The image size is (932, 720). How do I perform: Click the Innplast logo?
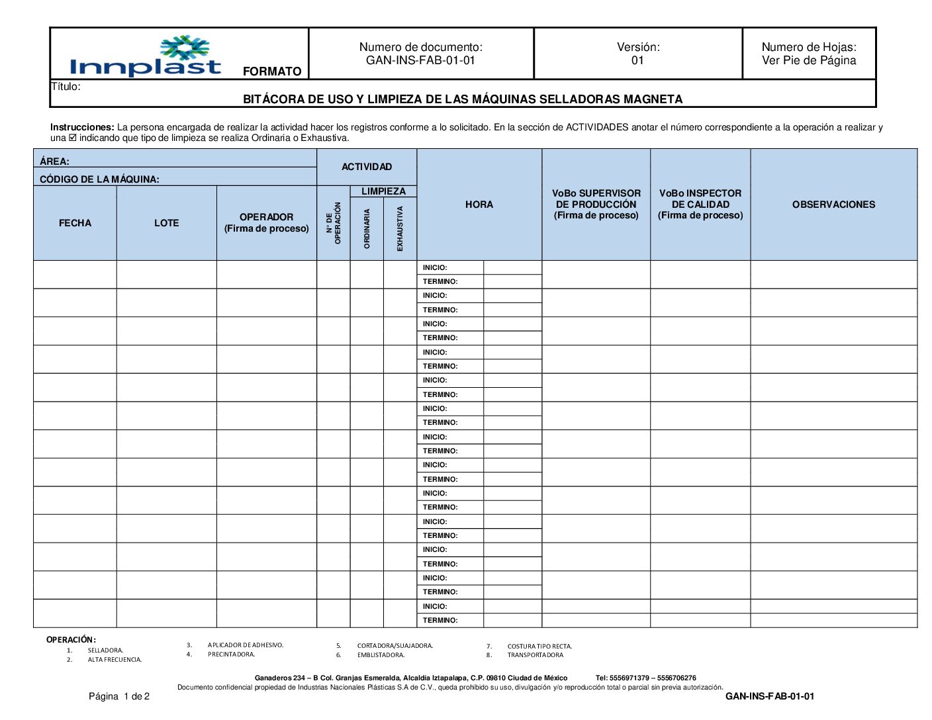[x=146, y=57]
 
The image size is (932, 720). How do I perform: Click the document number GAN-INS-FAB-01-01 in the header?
[x=420, y=60]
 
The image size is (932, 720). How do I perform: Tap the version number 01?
[x=637, y=61]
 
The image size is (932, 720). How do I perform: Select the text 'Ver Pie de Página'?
[x=808, y=61]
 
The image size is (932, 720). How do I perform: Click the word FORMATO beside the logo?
[x=272, y=71]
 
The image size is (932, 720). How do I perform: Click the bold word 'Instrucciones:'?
[x=82, y=127]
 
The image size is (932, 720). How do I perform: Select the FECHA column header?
[x=75, y=223]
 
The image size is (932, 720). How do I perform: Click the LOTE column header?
[x=166, y=223]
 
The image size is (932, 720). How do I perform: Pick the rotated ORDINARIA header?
[x=367, y=228]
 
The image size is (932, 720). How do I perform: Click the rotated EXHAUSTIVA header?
[x=400, y=228]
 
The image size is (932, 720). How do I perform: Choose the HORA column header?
[x=479, y=204]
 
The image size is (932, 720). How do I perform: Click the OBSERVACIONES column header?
[x=833, y=204]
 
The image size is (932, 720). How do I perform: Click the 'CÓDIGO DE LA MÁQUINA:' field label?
[x=99, y=179]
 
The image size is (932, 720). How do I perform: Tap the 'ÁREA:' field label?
[x=54, y=161]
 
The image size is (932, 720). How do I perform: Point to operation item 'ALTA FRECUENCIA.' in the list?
[x=115, y=660]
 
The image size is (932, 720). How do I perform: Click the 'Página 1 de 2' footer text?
[x=119, y=696]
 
